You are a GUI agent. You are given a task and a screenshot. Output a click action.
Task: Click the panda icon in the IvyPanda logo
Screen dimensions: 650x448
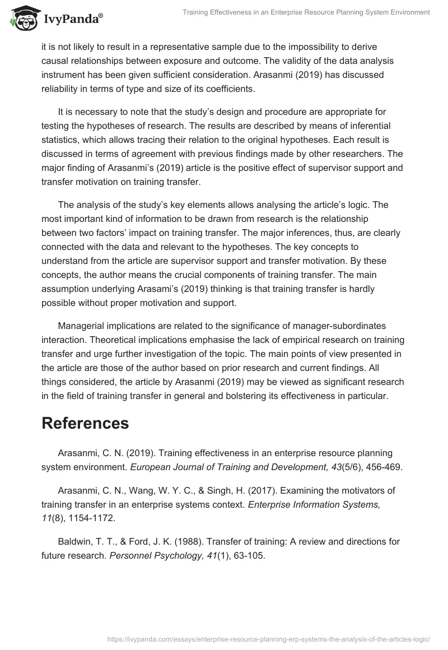(21, 18)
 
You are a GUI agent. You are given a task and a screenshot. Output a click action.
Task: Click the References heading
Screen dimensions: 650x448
(85, 423)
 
